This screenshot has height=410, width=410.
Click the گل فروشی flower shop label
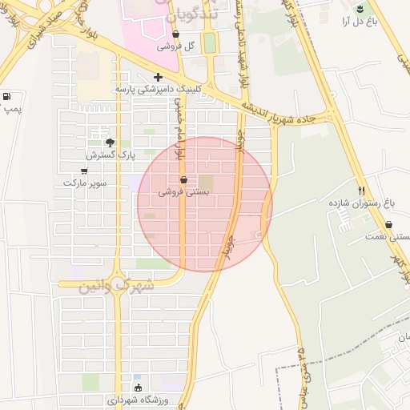click(175, 46)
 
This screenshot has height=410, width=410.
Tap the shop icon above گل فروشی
click(175, 34)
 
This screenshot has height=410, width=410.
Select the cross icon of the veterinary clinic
click(158, 78)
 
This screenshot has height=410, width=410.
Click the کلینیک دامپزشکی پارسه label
click(155, 90)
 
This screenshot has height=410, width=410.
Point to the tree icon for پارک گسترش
click(111, 142)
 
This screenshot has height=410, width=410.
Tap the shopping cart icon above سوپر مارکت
click(86, 170)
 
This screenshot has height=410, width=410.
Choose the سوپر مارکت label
click(85, 183)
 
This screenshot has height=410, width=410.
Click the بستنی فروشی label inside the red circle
click(184, 192)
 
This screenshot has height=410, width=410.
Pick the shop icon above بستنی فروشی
click(184, 180)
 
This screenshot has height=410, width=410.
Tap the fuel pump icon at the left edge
click(7, 97)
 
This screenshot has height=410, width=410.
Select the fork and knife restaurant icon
click(361, 191)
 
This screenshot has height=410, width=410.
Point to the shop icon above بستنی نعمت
click(388, 225)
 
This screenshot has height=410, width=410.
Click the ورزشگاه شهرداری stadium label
click(138, 400)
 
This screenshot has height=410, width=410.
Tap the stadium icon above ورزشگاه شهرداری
click(138, 388)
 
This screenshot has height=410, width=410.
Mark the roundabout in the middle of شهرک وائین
click(119, 292)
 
